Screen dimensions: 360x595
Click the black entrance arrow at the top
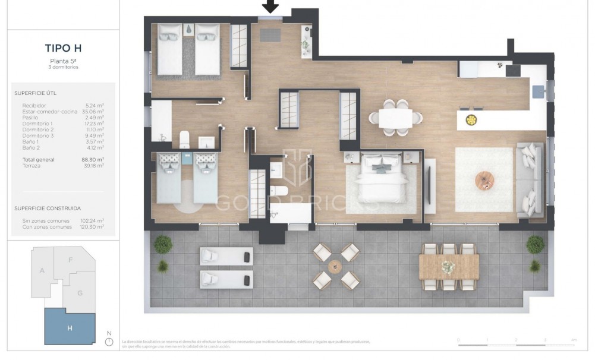[x=270, y=7]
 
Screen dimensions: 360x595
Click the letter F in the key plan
[x=71, y=260]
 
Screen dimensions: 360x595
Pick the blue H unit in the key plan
[x=70, y=327]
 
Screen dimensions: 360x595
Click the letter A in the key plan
[x=42, y=270]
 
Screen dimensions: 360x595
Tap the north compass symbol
[x=108, y=342]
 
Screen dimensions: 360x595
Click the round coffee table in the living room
[x=484, y=180]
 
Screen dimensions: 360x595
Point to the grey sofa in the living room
[x=529, y=179]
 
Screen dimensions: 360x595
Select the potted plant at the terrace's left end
[x=162, y=245]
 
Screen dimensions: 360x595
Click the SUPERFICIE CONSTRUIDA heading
[x=48, y=209]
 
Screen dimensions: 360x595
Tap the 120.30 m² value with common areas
[x=92, y=226]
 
